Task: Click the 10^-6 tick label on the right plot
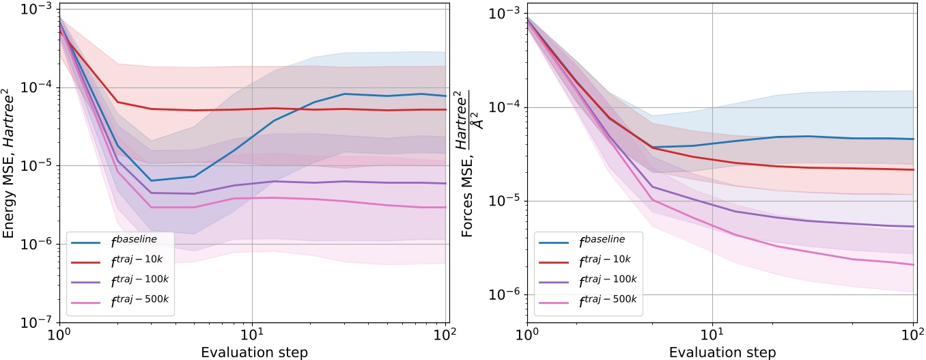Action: pyautogui.click(x=505, y=294)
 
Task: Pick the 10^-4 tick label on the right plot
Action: pyautogui.click(x=505, y=107)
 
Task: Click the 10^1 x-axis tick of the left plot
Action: pyautogui.click(x=253, y=336)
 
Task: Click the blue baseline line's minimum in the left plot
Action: pyautogui.click(x=150, y=180)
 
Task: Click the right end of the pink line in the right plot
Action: pyautogui.click(x=914, y=265)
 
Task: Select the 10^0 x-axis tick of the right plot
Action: pyautogui.click(x=527, y=336)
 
